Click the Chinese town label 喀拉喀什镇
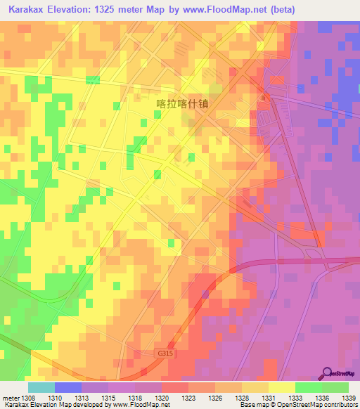pos(183,102)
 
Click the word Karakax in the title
pos(27,9)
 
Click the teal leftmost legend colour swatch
pos(41,387)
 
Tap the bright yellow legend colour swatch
pos(282,387)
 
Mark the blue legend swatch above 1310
pos(68,387)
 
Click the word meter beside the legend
pos(11,397)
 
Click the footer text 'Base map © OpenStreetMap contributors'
pos(298,405)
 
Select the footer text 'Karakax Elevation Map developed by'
pos(49,405)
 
